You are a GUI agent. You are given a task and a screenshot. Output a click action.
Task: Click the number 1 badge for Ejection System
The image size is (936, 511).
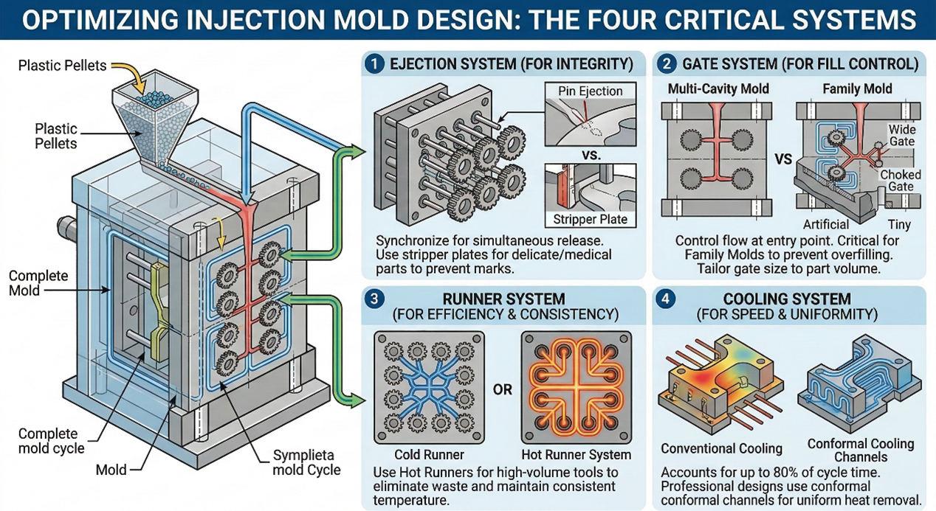375,64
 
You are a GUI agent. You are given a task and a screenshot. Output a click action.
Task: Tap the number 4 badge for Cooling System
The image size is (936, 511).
666,300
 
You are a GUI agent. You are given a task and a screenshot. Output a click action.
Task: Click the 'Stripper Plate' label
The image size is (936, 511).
590,219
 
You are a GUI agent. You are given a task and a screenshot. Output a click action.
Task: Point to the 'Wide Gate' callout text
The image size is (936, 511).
901,136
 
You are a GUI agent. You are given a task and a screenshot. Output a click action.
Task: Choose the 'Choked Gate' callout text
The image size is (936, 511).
900,181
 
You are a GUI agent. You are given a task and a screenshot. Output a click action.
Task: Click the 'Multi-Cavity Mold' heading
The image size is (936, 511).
718,88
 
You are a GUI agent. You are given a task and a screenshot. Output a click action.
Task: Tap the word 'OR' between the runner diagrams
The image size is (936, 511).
503,389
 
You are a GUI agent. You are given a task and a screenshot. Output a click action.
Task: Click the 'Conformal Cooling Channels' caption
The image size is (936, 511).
861,450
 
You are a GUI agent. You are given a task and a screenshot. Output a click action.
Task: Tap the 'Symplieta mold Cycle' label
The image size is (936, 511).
307,462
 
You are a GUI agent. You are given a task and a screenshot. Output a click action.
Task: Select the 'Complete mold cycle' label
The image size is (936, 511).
51,441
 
